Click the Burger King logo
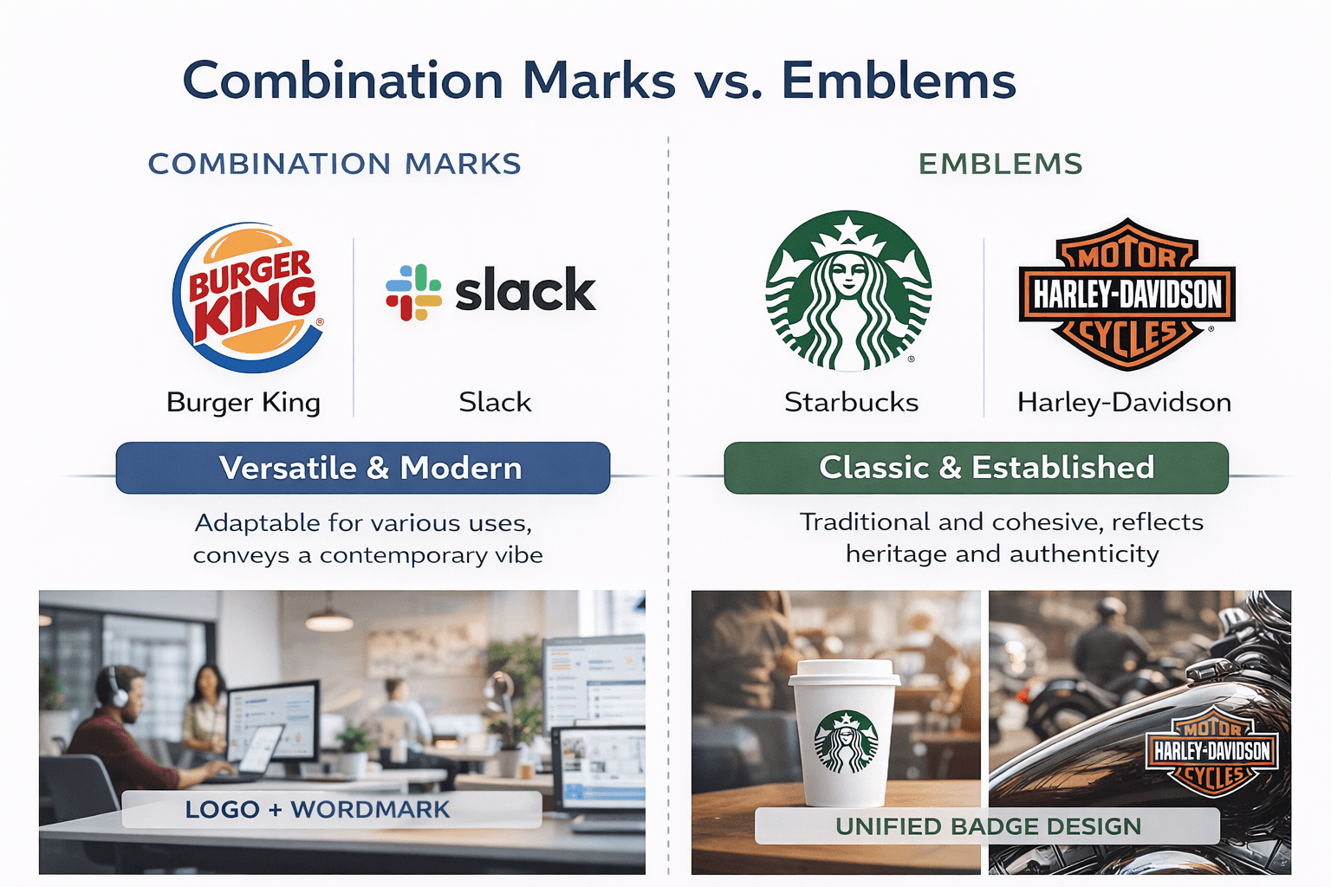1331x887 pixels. [x=248, y=298]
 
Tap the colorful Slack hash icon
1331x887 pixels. [x=413, y=292]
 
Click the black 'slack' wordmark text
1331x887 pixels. [x=525, y=290]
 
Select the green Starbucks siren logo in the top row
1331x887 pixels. [x=848, y=291]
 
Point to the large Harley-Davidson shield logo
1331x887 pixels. [x=1126, y=295]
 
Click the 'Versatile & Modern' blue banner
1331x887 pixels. [x=363, y=468]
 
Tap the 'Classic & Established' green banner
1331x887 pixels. [x=977, y=468]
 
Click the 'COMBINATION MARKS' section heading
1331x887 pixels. [x=334, y=164]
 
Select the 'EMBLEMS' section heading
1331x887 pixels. [x=1000, y=164]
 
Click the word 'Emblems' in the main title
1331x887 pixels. [x=899, y=81]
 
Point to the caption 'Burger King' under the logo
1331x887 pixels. [x=243, y=402]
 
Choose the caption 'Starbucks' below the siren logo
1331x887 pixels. [x=851, y=402]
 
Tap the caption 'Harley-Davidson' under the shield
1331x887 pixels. [x=1124, y=402]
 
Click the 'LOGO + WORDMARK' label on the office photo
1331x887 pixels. [x=317, y=810]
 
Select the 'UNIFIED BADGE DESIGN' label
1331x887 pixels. [x=988, y=826]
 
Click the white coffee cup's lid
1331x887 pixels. [x=844, y=672]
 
